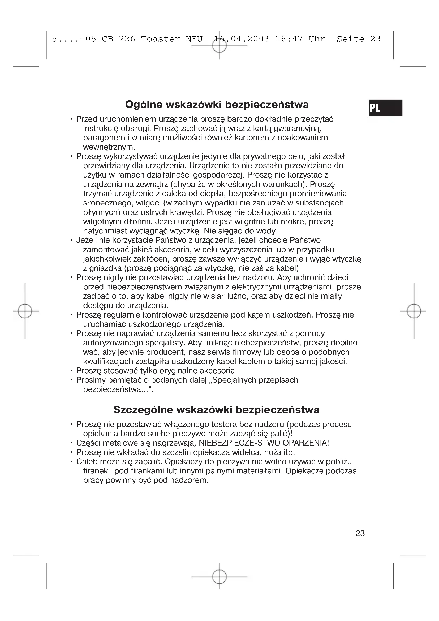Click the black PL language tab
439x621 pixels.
pyautogui.click(x=385, y=108)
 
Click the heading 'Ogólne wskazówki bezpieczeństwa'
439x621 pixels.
pyautogui.click(x=217, y=105)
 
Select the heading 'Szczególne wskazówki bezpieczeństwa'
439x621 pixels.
pyautogui.click(x=216, y=410)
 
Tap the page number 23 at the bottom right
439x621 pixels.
pyautogui.click(x=360, y=533)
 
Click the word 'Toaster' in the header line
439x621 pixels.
pyautogui.click(x=160, y=39)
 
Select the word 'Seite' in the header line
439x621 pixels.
pyautogui.click(x=350, y=39)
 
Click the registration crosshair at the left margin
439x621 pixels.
pyautogui.click(x=25, y=311)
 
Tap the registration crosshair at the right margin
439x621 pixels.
pyautogui.click(x=414, y=311)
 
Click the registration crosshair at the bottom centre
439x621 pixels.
pyautogui.click(x=219, y=577)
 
